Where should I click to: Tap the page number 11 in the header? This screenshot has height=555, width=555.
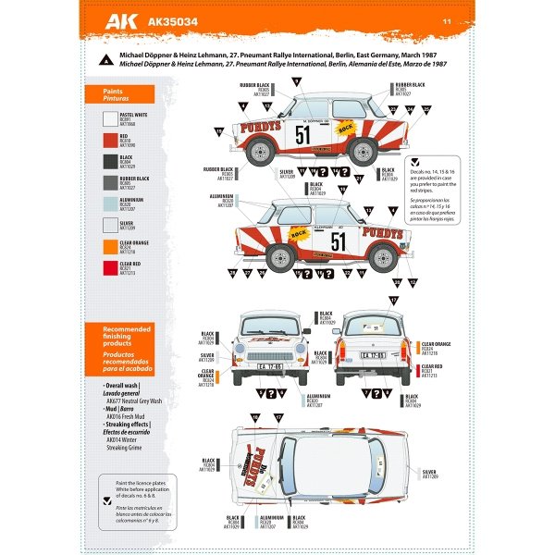coord(447,20)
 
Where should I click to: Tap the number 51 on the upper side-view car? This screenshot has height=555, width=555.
coord(304,136)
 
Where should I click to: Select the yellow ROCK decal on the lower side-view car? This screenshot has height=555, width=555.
coord(300,234)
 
